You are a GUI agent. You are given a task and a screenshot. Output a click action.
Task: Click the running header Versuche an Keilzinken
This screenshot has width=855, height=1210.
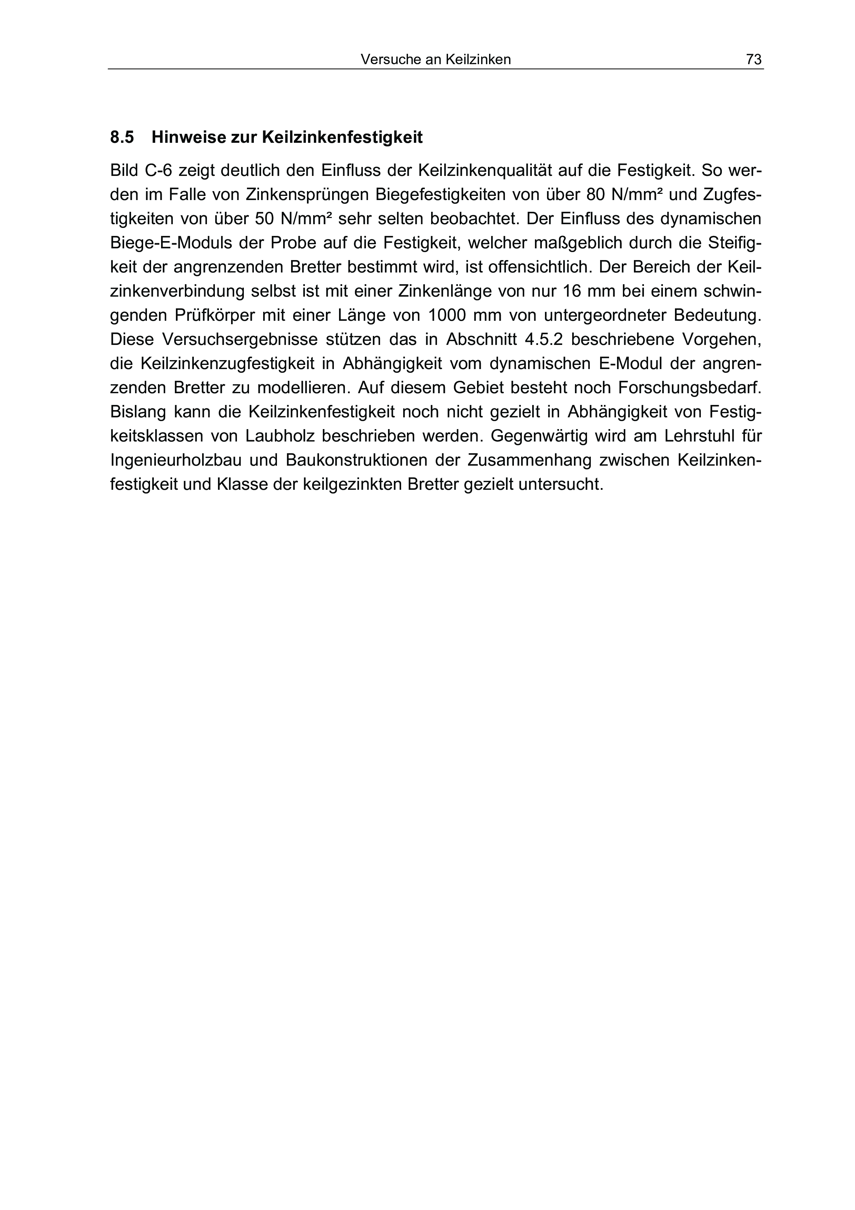tap(436, 60)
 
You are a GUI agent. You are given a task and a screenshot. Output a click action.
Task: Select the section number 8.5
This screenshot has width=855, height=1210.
tap(122, 138)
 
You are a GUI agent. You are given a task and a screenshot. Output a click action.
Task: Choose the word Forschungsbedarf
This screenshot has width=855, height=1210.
tap(689, 388)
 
